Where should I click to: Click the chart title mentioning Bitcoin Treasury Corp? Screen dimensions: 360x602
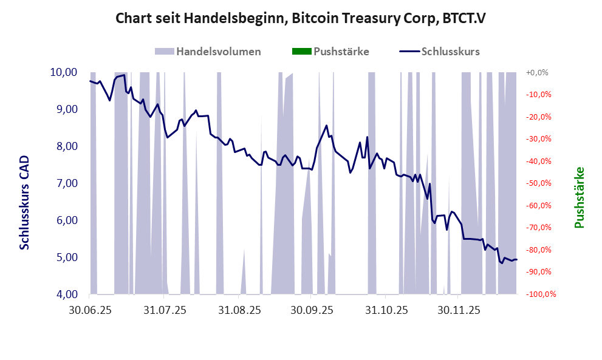point(301,19)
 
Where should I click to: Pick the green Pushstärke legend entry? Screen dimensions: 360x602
point(330,52)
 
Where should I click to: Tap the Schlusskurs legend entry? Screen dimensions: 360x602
point(440,52)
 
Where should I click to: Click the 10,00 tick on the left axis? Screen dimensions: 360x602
point(63,72)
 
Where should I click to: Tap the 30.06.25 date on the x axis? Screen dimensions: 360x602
point(89,310)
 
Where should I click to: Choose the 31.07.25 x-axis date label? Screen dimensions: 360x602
point(164,310)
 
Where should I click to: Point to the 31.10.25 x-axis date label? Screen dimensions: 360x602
point(386,310)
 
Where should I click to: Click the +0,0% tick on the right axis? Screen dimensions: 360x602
point(537,72)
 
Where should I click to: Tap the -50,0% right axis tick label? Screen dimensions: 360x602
point(537,183)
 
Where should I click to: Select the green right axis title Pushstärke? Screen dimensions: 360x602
point(579,197)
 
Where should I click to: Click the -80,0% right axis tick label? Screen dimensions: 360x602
point(537,250)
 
